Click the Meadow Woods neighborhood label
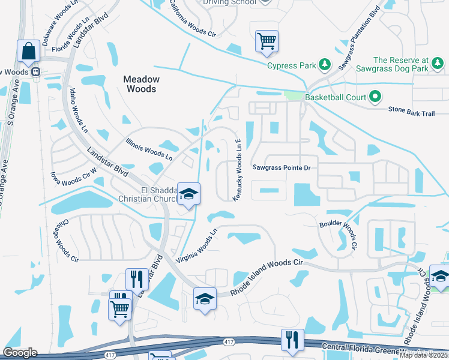(x=141, y=84)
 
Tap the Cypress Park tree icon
(x=324, y=64)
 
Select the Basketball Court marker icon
(x=376, y=96)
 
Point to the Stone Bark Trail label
(x=411, y=110)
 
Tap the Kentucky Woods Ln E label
(x=238, y=170)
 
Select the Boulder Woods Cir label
(x=337, y=235)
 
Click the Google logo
(x=20, y=353)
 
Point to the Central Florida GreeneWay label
(x=366, y=347)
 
